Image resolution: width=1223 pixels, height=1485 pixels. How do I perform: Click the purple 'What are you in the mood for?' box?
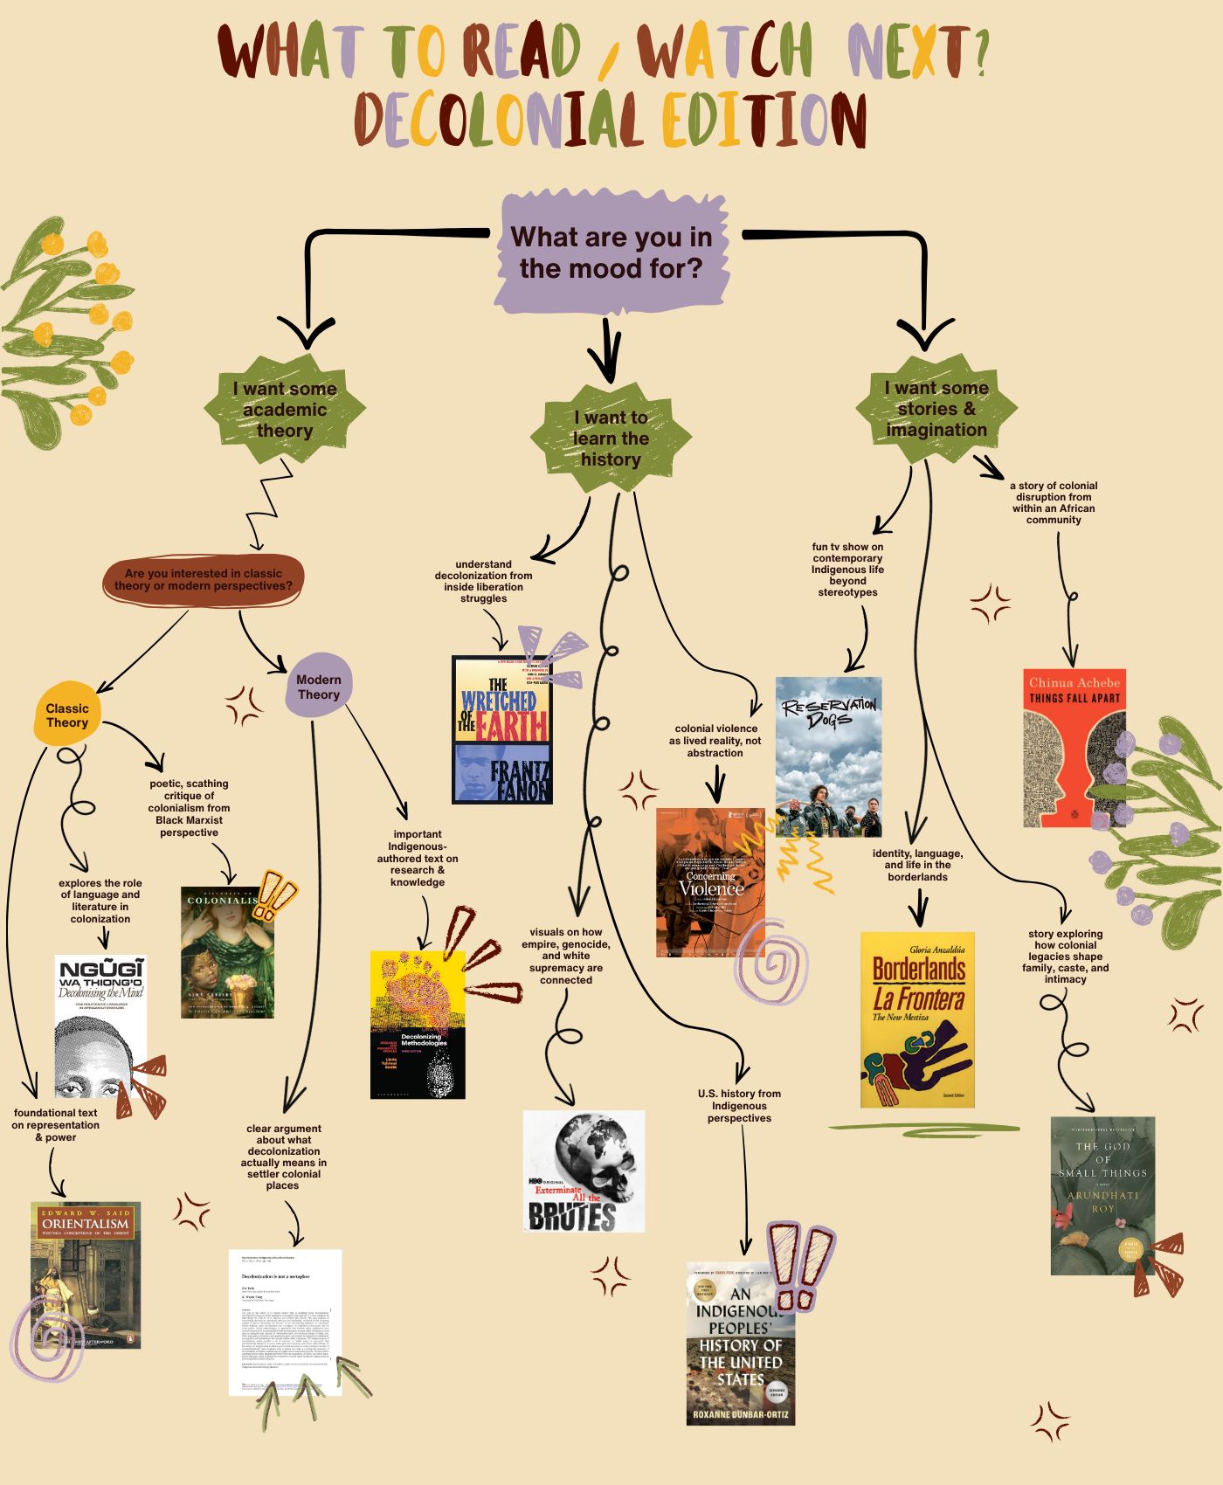[x=611, y=252]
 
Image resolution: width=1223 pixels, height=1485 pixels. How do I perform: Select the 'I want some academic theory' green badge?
[x=285, y=410]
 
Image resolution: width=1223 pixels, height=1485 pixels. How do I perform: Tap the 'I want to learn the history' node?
[x=611, y=439]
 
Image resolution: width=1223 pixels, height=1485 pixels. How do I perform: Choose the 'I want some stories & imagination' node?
[x=936, y=409]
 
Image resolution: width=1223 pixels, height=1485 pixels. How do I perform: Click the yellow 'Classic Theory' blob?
[x=67, y=715]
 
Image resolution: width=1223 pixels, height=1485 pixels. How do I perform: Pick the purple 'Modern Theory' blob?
[x=318, y=687]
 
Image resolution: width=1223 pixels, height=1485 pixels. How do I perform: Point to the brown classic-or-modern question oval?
[x=204, y=580]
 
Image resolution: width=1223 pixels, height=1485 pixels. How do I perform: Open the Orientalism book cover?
[x=86, y=1274]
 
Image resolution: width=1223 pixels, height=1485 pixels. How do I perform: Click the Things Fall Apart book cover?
[x=1074, y=749]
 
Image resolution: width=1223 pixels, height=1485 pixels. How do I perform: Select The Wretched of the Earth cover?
[x=502, y=729]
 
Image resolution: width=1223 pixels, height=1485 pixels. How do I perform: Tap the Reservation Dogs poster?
[x=828, y=756]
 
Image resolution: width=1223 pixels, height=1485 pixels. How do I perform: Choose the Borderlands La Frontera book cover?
[x=917, y=1019]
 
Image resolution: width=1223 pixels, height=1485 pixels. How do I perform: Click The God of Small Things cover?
[x=1102, y=1195]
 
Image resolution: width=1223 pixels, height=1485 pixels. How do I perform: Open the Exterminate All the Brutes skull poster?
[x=584, y=1171]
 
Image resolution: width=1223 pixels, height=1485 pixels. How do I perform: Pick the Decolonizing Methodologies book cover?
[x=418, y=1025]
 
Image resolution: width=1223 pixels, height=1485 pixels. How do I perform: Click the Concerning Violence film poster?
[x=710, y=882]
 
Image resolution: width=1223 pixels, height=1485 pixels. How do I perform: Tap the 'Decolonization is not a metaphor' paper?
[x=285, y=1322]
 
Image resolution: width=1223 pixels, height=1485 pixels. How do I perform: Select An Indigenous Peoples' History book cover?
[x=741, y=1343]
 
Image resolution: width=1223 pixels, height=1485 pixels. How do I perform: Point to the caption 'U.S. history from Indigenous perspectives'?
[x=739, y=1106]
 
